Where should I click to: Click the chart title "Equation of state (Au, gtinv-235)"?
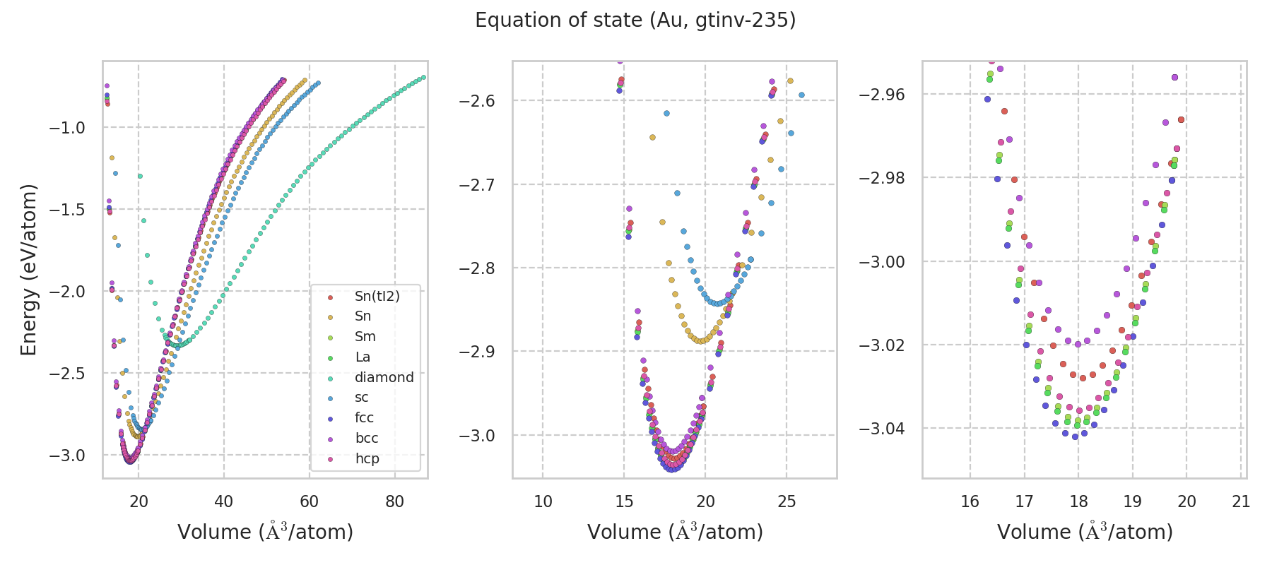pos(635,20)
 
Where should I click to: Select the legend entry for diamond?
pos(384,377)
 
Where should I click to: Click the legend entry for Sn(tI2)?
pos(377,296)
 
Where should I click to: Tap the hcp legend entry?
pos(367,459)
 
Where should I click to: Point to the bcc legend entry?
pos(366,439)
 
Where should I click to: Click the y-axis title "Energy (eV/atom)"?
pos(28,269)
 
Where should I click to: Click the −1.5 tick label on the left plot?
pos(66,210)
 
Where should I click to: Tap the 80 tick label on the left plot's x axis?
pos(394,502)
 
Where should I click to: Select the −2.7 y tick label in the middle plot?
pos(477,185)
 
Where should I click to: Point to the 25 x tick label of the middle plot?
pos(787,502)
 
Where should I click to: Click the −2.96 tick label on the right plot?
pos(882,95)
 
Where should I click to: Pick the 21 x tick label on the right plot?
pos(1241,502)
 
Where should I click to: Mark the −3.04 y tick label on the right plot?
pos(882,429)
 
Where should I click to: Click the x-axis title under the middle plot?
pos(675,532)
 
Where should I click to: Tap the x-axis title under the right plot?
pos(1085,532)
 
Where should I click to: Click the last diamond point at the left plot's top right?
pos(423,77)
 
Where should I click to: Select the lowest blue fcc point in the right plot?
pos(1076,436)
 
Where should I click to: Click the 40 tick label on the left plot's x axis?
pos(223,502)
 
